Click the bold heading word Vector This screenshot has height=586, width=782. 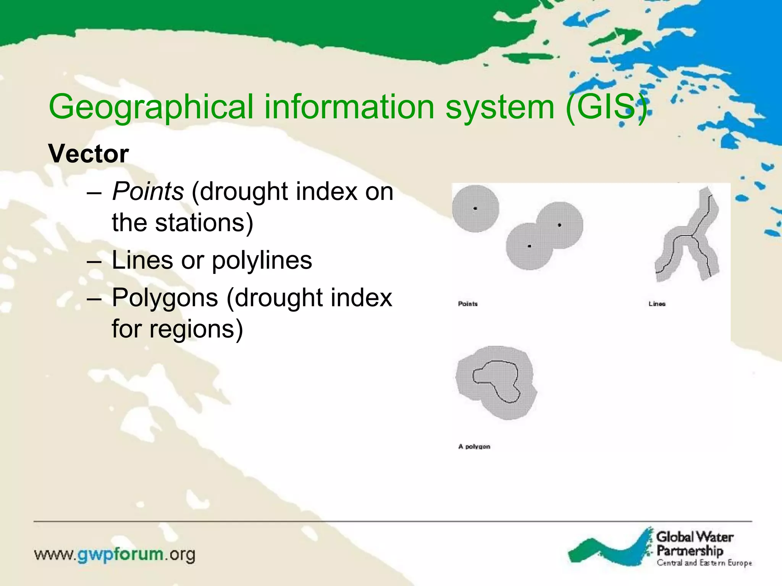(88, 154)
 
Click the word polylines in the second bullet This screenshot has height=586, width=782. (262, 261)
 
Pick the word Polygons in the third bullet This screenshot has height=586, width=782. (165, 298)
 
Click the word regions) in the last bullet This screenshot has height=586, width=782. (196, 329)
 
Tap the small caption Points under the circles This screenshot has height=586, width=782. (468, 304)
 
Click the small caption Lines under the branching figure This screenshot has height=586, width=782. (657, 304)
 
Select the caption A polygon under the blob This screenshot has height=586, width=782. (474, 446)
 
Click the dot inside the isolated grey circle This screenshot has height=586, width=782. (475, 208)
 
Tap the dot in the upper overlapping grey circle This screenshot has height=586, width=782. (559, 225)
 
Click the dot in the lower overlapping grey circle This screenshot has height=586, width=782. (529, 246)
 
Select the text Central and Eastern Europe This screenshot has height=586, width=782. (704, 563)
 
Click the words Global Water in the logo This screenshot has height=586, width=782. (695, 537)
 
